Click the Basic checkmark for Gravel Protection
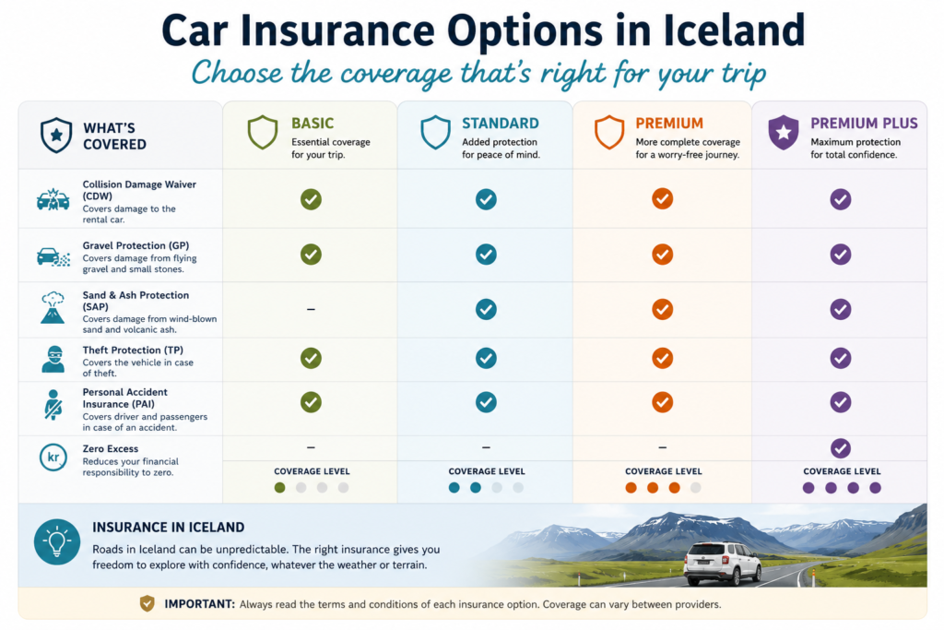311,255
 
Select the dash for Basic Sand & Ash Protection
311,309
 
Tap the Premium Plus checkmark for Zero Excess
841,448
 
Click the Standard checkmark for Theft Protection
486,359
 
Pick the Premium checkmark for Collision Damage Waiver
662,198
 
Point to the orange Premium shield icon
609,132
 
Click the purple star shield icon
784,132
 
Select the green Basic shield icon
263,132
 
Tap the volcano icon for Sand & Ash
53,308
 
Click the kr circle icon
53,458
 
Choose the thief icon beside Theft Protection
53,359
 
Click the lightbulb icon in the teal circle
57,542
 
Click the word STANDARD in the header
501,124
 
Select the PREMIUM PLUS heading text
864,124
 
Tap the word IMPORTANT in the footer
199,604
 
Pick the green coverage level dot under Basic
279,488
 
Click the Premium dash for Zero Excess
662,447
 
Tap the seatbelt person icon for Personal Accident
53,404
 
